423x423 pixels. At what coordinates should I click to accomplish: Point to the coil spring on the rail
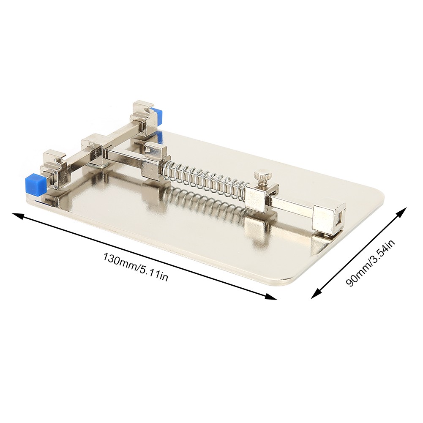pos(205,180)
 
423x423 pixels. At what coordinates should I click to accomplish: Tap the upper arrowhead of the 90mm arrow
pos(401,212)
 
